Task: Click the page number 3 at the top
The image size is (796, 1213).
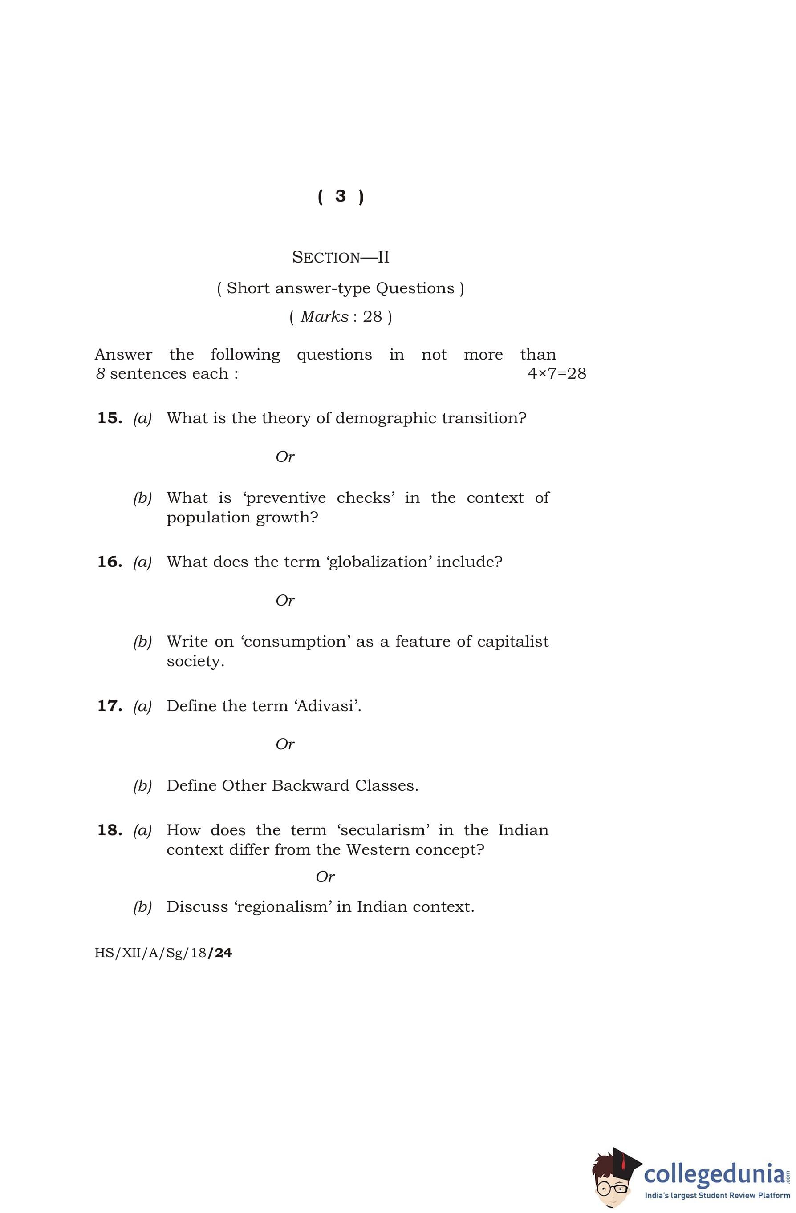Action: click(340, 196)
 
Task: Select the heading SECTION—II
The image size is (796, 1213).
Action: click(340, 257)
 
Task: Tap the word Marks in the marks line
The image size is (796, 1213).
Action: click(324, 317)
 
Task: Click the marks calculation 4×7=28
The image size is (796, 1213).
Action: click(556, 374)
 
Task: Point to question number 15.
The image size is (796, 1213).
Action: click(110, 418)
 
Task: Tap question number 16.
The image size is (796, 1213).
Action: click(110, 562)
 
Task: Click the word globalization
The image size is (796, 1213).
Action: click(378, 562)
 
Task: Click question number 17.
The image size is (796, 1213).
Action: click(110, 706)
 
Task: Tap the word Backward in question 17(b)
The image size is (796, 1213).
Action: click(311, 786)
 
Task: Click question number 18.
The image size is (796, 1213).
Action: click(110, 830)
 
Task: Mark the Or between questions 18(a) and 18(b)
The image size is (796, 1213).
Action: click(325, 877)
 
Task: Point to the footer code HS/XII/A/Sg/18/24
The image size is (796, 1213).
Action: click(163, 953)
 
